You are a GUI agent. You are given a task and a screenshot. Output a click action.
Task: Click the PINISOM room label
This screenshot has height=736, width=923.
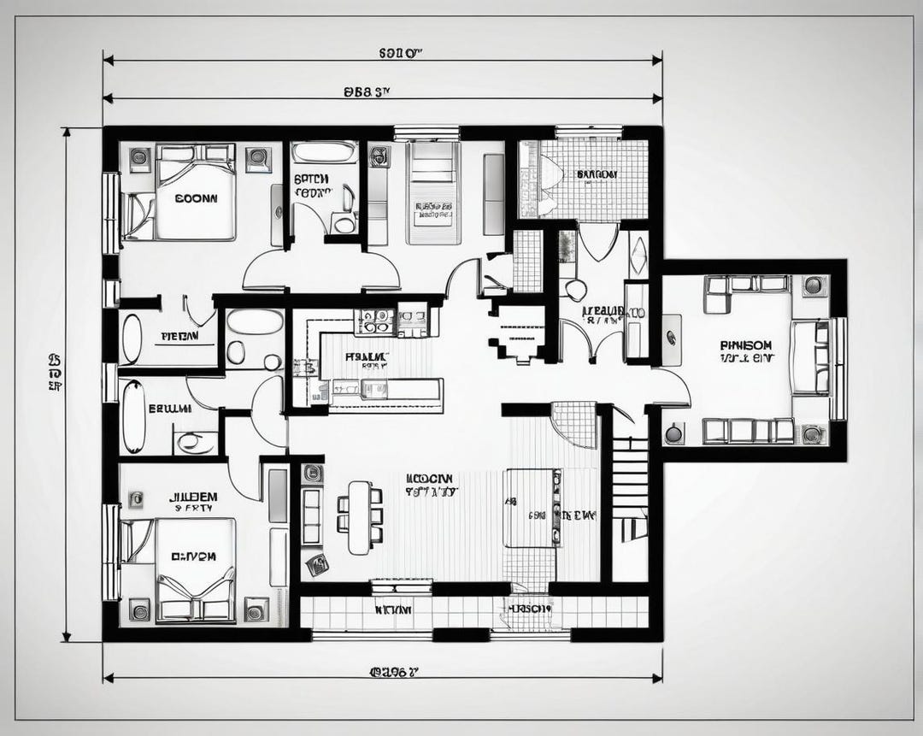[746, 344]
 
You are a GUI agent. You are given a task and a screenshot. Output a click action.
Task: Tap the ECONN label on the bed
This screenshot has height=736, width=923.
[196, 197]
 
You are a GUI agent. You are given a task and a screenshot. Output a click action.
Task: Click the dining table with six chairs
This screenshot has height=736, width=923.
[360, 516]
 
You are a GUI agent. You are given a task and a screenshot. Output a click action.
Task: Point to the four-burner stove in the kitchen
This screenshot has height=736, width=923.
[375, 321]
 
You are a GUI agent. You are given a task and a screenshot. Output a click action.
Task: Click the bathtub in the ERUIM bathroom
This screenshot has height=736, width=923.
[133, 416]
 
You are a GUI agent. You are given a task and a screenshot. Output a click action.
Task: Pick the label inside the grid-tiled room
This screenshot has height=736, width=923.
[597, 174]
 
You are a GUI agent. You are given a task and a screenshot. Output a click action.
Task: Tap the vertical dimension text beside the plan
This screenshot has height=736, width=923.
[55, 373]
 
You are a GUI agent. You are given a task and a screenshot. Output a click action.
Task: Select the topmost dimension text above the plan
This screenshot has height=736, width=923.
[401, 53]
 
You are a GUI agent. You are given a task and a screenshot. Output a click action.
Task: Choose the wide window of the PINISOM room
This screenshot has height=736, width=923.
[838, 368]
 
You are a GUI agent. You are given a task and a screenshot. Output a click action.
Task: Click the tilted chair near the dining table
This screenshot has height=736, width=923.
[317, 564]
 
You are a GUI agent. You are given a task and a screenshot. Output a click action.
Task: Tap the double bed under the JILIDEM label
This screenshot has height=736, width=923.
[194, 568]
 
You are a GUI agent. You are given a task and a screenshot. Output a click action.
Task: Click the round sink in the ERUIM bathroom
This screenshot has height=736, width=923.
[197, 443]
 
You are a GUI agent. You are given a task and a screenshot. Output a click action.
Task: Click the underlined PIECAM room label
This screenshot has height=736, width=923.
[180, 337]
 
